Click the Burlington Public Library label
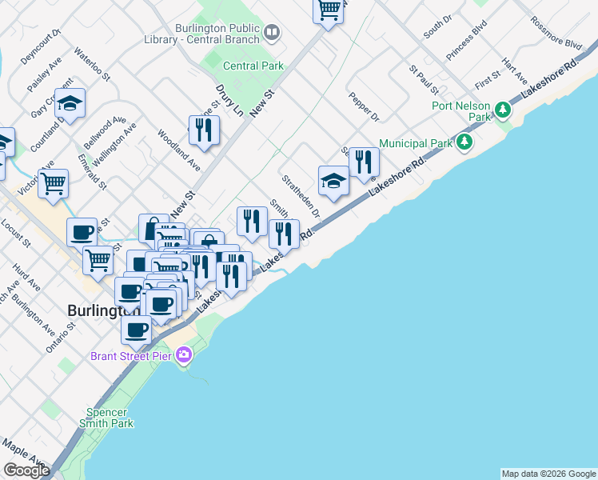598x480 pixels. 213,33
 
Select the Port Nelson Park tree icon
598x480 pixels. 503,109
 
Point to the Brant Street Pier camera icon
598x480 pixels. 185,354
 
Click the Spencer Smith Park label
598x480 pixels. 106,418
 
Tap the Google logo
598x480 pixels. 27,470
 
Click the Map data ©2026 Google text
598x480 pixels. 548,474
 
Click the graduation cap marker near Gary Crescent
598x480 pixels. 70,103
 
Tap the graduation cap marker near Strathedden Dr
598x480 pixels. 333,182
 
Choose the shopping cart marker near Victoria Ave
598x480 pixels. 54,183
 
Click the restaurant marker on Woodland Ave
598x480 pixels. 204,130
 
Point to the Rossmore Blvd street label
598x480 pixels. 556,34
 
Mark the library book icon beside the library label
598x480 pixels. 272,32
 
